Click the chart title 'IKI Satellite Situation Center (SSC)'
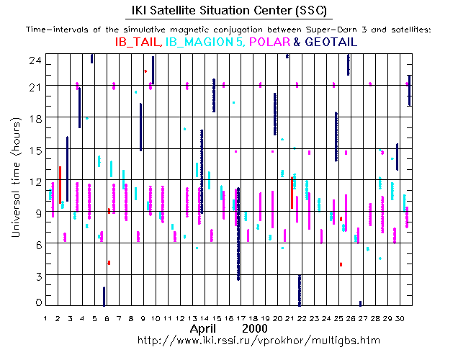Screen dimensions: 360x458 [228, 11]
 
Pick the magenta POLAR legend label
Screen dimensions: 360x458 [271, 42]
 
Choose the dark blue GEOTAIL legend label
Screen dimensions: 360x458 [331, 42]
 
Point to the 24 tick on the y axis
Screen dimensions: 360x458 [32, 62]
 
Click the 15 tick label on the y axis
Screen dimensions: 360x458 [32, 149]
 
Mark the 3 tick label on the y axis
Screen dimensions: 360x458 [35, 275]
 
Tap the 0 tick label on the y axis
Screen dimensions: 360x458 [35, 303]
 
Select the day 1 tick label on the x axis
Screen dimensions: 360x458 [45, 318]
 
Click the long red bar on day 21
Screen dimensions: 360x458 [292, 192]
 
